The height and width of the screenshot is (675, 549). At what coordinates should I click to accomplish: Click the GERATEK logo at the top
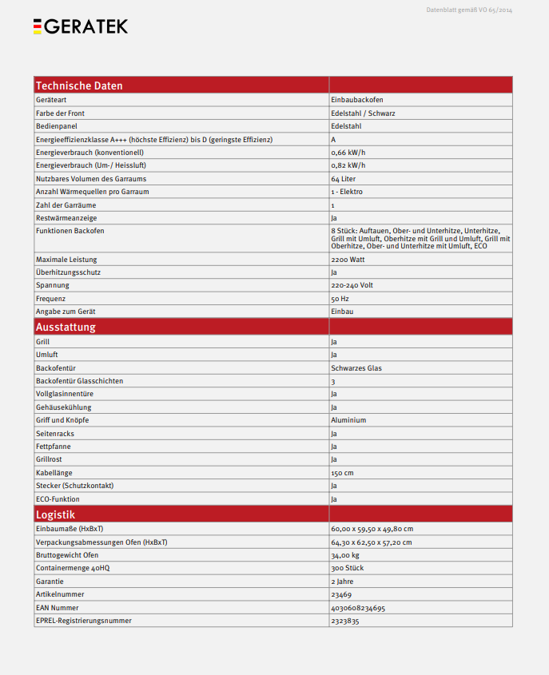coord(80,26)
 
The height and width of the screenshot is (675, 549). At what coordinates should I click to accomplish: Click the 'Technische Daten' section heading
coord(79,85)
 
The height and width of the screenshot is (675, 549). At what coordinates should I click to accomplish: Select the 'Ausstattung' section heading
coord(66,327)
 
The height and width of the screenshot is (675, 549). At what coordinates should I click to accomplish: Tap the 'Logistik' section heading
coord(56,514)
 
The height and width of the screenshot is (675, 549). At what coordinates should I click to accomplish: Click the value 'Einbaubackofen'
coord(357,100)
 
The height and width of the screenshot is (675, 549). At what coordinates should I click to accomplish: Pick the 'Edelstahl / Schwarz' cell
coord(363,113)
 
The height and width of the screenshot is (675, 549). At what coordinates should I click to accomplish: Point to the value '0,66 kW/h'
coord(348,153)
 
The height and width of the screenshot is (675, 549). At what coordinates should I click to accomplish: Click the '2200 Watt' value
coord(348,260)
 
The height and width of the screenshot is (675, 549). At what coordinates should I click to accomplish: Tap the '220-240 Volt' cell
coord(352,285)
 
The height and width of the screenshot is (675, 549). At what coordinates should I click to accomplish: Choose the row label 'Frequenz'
coord(51,299)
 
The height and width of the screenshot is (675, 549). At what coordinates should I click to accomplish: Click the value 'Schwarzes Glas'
coord(356,367)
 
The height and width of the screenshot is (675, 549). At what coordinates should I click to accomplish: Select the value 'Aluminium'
coord(348,420)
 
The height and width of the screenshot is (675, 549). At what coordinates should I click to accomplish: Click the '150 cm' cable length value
coord(342,473)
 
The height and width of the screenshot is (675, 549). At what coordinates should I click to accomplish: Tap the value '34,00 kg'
coord(345,555)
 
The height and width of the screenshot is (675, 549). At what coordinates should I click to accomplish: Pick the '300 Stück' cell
coord(348,568)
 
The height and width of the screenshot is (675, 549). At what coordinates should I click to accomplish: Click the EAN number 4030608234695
coord(358,608)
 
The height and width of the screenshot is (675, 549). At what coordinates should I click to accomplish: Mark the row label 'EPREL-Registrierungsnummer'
coord(84,621)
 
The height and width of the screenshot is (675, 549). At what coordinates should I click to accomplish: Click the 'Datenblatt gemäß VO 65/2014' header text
coord(469,10)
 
